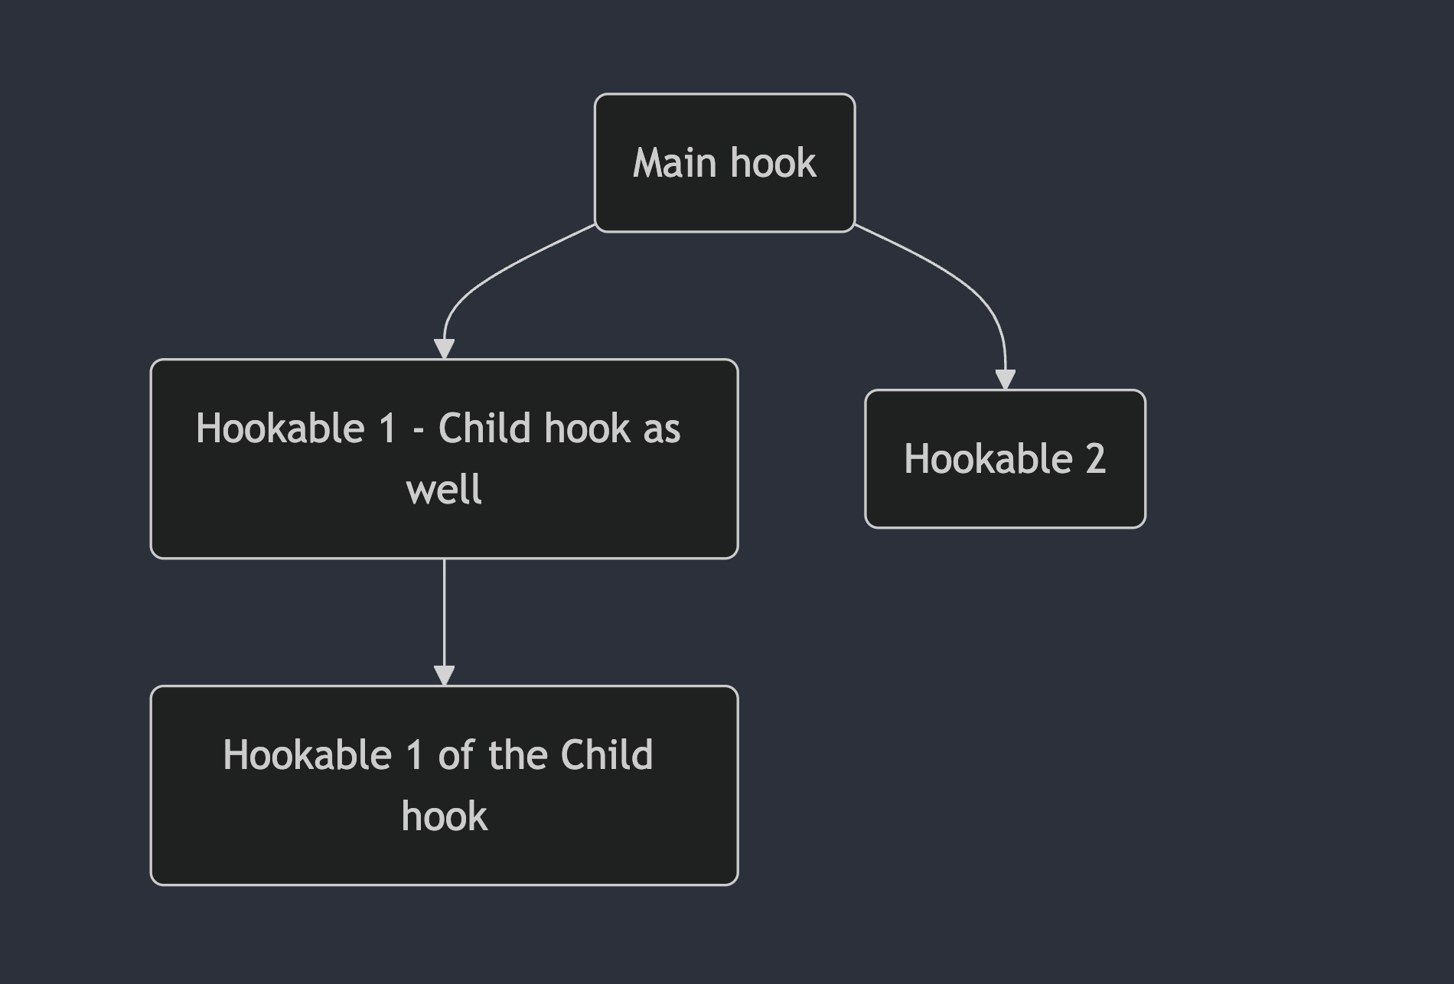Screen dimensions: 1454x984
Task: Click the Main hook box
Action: [725, 162]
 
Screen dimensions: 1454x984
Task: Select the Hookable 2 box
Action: [1005, 458]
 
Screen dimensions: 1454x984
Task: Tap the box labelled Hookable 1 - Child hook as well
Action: [444, 458]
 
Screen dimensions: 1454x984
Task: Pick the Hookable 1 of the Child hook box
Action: [444, 785]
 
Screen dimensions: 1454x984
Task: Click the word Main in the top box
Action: [676, 163]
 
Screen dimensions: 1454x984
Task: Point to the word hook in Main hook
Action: [774, 163]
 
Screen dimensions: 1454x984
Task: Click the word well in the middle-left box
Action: [444, 489]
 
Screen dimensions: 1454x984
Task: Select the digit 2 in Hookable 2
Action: [1095, 459]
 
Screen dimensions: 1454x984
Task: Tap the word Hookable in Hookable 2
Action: [988, 458]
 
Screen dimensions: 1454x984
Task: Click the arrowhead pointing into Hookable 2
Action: [1005, 380]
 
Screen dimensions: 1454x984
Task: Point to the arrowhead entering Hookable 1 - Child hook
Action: [444, 349]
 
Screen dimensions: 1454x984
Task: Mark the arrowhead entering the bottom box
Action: [444, 676]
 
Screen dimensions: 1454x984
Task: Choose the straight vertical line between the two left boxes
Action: [444, 613]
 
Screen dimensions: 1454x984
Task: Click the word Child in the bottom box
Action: [607, 754]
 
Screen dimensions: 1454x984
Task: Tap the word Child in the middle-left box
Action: [484, 428]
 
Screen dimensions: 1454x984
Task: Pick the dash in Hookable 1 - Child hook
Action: [418, 430]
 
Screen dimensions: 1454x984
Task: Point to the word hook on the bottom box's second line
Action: [444, 816]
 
